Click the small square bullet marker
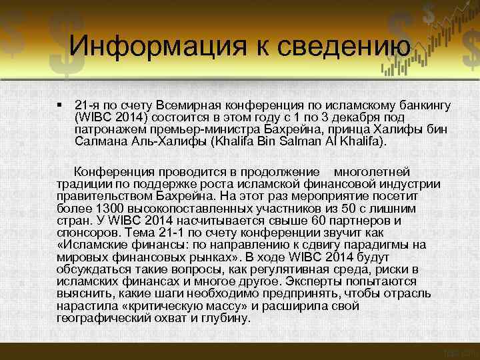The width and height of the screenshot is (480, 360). (x=59, y=105)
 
